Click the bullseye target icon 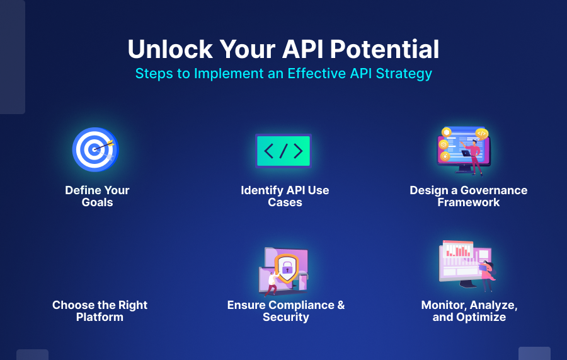pyautogui.click(x=95, y=149)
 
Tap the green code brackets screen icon pyautogui.click(x=283, y=151)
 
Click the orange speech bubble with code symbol pyautogui.click(x=481, y=133)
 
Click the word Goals pyautogui.click(x=97, y=202)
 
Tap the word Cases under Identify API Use pyautogui.click(x=285, y=202)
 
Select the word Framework pyautogui.click(x=468, y=202)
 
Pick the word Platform pyautogui.click(x=100, y=317)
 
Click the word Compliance pyautogui.click(x=295, y=305)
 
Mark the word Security pyautogui.click(x=285, y=317)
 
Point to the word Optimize pyautogui.click(x=482, y=317)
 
